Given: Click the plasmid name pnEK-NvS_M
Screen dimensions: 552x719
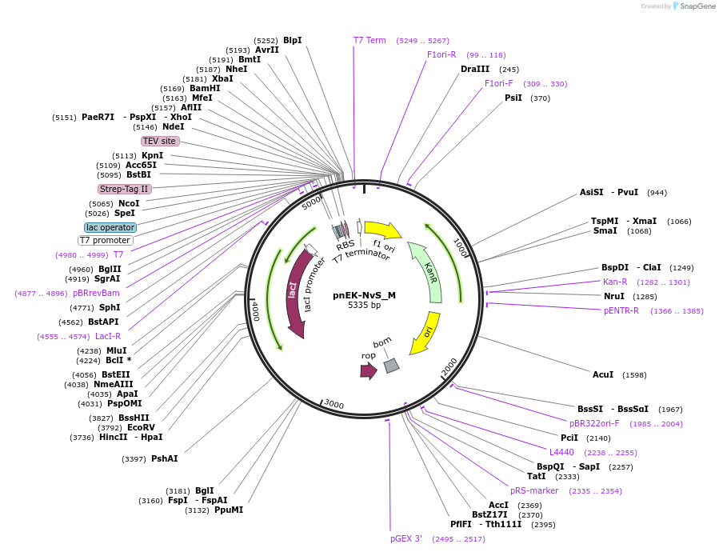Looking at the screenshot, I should [364, 294].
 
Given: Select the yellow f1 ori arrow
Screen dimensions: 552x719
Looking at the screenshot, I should [382, 230].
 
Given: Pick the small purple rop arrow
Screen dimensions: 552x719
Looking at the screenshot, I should [368, 370].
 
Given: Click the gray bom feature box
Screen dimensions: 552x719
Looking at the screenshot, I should [391, 365].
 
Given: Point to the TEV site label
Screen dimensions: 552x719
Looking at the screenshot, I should [159, 141].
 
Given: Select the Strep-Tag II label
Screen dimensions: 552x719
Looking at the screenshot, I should [124, 189].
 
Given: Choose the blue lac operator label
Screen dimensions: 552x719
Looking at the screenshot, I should [110, 227].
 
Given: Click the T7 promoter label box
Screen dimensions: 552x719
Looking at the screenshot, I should [105, 240].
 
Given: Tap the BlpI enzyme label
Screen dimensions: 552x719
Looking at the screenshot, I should [292, 40].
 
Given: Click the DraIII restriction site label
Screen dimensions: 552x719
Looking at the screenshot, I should [475, 69].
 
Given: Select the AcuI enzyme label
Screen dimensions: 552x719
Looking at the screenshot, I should [603, 374].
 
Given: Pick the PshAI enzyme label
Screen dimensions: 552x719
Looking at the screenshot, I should [164, 458].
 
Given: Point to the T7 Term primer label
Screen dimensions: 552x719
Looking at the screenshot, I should [369, 40].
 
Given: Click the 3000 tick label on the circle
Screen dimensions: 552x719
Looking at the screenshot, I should [334, 405].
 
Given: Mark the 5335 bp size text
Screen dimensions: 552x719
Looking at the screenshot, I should [364, 305].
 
